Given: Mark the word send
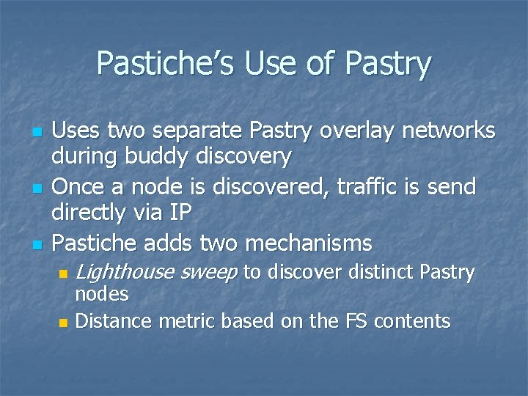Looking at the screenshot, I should [450, 186].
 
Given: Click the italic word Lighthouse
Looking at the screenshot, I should [124, 273].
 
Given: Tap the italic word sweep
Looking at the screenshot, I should [208, 273].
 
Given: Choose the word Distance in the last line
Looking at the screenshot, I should [113, 320].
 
